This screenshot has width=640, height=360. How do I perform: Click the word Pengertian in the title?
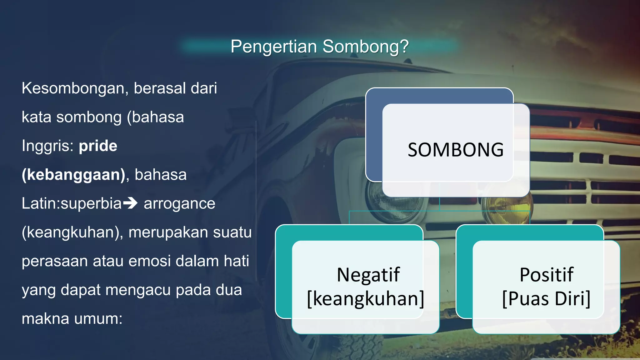[274, 47]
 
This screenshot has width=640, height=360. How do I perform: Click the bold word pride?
[98, 146]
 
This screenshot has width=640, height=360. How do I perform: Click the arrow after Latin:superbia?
[130, 203]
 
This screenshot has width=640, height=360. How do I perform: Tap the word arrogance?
[179, 204]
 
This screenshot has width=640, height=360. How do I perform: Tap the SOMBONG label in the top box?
[455, 150]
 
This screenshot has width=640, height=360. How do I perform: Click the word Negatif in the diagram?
[368, 275]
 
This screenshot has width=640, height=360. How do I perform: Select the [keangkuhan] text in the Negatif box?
[366, 299]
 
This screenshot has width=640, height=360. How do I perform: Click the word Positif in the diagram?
[546, 275]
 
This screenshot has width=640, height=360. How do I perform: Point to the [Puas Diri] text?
[546, 299]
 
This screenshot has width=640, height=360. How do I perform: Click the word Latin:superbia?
[72, 204]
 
